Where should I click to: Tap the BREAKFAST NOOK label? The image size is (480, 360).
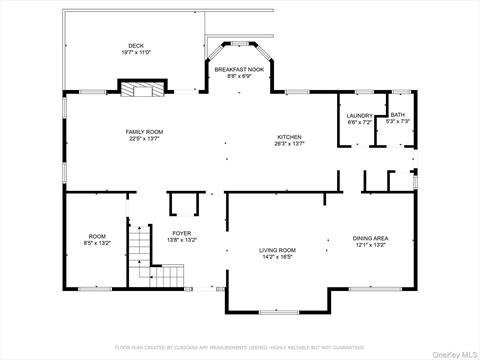coord(238,69)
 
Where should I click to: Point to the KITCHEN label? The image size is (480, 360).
coord(290,137)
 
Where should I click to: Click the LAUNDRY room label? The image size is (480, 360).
coord(359,115)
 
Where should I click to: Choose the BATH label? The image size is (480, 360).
coord(398,115)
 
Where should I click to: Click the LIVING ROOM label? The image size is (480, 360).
coord(277,250)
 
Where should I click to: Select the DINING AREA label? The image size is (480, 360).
coord(370,237)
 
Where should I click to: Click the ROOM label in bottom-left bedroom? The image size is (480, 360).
coord(97,236)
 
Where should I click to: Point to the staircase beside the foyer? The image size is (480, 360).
coord(164,272)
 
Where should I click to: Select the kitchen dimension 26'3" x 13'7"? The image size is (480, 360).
coord(290,144)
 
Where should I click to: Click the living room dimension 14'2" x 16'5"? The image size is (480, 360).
coord(277,257)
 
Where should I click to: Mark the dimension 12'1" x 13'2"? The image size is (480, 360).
coord(370,243)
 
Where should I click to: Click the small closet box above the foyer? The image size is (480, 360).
coord(184,205)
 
